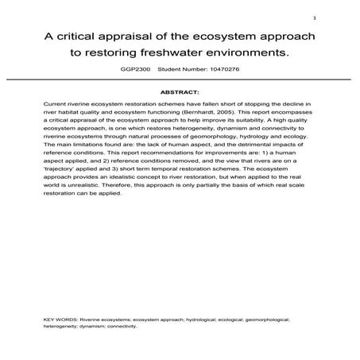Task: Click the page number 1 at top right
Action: pyautogui.click(x=315, y=18)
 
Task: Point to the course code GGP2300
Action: pyautogui.click(x=130, y=71)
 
